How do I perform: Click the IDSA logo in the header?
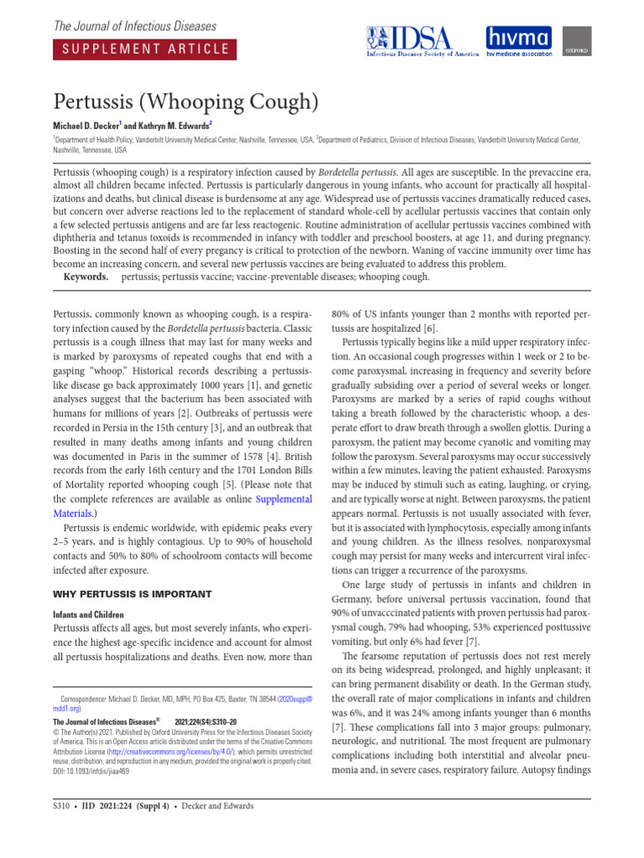pyautogui.click(x=422, y=41)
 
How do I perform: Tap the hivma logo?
pyautogui.click(x=519, y=41)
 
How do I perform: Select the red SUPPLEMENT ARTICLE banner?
pyautogui.click(x=141, y=49)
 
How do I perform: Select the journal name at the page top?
pyautogui.click(x=135, y=26)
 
